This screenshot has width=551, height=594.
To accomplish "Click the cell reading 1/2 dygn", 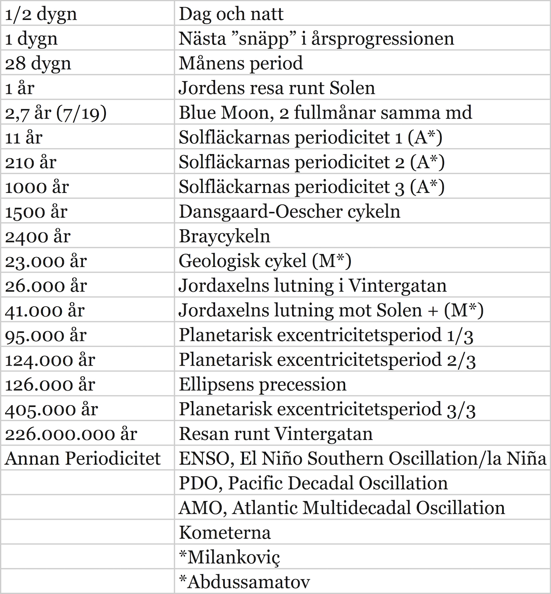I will [x=41, y=14].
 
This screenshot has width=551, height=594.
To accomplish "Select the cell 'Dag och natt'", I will [x=231, y=14].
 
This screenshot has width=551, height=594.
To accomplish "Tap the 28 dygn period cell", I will [x=38, y=63].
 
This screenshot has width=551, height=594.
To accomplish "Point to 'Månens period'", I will [x=241, y=63].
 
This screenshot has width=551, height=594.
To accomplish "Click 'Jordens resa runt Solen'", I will [x=277, y=88].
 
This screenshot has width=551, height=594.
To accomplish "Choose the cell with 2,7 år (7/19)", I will [x=56, y=113].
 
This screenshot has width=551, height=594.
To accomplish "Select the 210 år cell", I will [x=31, y=162].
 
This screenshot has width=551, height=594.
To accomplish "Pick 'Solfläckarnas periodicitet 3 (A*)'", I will [x=311, y=187].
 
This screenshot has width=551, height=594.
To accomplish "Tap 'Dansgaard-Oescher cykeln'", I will [x=289, y=212].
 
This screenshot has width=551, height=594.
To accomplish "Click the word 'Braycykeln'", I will [x=224, y=236].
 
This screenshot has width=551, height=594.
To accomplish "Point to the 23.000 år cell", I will [x=46, y=261].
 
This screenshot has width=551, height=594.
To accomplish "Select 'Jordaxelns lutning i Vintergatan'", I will [x=313, y=286].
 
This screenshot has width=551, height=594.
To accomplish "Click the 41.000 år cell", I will [x=45, y=311].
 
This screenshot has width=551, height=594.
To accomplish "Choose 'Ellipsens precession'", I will [x=263, y=385].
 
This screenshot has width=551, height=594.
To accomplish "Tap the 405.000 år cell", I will [x=51, y=410].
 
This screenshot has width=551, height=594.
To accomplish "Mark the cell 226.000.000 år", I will [x=71, y=434].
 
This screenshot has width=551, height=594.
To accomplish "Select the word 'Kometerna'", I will [x=224, y=533].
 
